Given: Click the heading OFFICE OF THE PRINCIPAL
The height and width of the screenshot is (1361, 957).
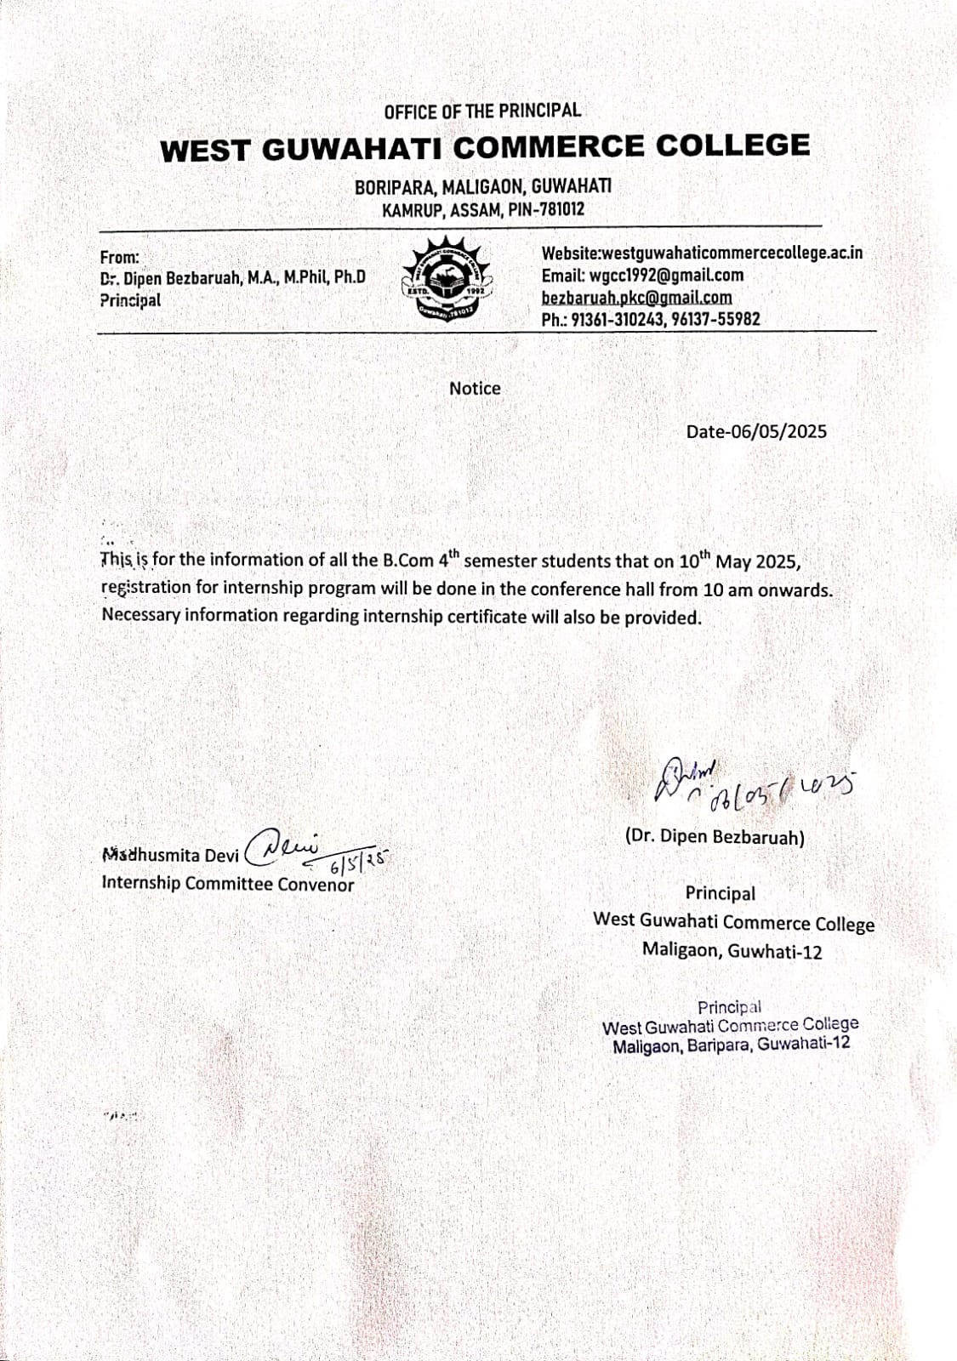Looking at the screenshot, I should (x=481, y=111).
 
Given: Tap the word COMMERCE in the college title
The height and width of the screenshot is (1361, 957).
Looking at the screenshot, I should (x=549, y=146).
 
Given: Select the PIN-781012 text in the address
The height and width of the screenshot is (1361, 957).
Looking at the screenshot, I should (x=546, y=209).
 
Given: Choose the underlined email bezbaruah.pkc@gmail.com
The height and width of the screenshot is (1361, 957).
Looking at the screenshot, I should (x=636, y=297).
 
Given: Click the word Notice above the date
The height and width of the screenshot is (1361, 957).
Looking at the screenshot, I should (x=475, y=388).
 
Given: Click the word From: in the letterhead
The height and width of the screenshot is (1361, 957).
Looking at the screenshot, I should (x=119, y=257).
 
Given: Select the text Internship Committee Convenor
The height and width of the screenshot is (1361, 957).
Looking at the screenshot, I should (x=227, y=883).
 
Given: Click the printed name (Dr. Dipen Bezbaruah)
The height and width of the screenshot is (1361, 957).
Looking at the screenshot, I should (x=715, y=837).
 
